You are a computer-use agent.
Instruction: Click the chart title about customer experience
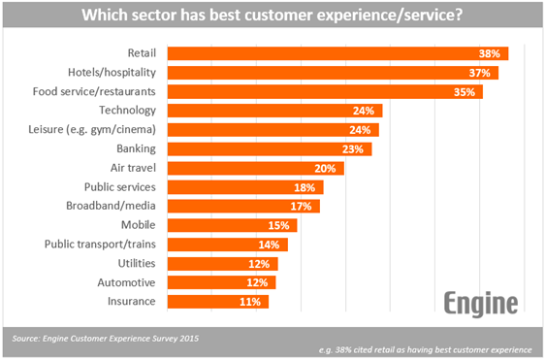pos(272,16)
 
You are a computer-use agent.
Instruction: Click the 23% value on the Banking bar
pos(353,148)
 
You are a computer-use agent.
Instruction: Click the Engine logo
pos(480,302)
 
